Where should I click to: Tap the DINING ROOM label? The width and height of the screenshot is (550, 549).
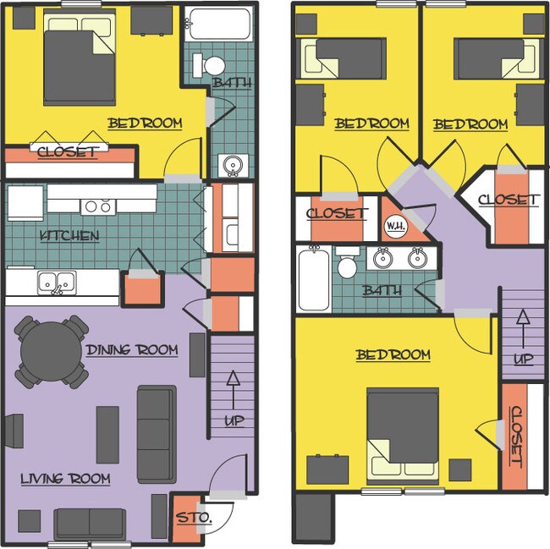pos(132,349)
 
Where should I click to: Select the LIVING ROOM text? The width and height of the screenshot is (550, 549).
pos(65,479)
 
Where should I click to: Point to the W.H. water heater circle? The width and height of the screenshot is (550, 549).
pos(395,226)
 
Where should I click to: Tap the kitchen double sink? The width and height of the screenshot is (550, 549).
pos(55,281)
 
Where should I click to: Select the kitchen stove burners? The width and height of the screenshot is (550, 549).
pos(97,206)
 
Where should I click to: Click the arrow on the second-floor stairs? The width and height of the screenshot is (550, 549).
pos(523,325)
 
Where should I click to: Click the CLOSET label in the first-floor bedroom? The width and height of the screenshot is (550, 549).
pos(67,152)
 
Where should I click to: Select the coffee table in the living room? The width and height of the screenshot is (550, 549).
pos(107,434)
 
